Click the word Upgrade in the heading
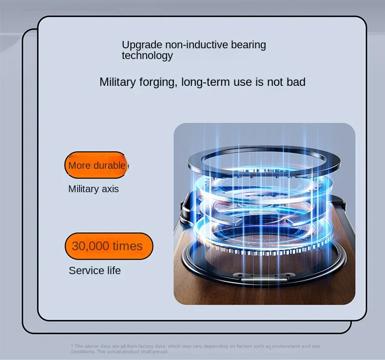(142, 45)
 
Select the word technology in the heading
(147, 56)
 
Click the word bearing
(249, 45)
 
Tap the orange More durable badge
(96, 165)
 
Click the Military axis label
(93, 189)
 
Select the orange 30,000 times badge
(109, 246)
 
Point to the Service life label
(95, 271)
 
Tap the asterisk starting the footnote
(72, 345)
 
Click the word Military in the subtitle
(117, 82)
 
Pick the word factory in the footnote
(146, 346)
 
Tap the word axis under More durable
(110, 189)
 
